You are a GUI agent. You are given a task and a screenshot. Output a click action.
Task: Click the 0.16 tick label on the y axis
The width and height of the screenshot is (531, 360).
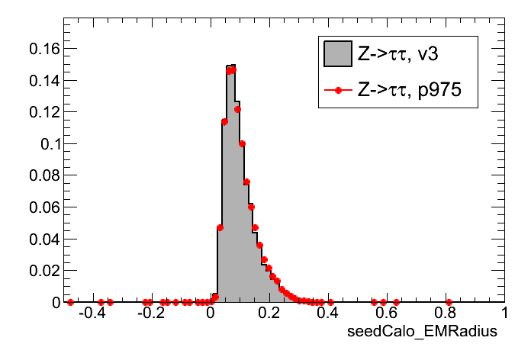(x=42, y=48)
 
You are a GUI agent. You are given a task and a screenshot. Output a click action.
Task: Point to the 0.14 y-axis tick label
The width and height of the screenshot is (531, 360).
(x=42, y=80)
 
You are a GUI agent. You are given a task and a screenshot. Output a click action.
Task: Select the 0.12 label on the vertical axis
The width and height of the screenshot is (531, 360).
(x=42, y=112)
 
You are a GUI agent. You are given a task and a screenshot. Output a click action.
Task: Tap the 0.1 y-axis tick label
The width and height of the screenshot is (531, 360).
(x=47, y=143)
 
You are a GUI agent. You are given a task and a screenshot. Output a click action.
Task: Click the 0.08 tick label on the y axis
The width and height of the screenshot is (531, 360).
(x=42, y=175)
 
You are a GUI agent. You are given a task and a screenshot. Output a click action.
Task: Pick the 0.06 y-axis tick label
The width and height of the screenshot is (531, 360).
(x=42, y=207)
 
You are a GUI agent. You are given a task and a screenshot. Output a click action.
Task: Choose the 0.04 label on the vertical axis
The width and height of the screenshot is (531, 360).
(x=42, y=239)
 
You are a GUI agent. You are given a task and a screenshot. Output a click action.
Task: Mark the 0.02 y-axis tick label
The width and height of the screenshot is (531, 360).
(x=42, y=271)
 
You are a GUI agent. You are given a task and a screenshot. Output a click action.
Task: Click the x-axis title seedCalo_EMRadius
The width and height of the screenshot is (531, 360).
(x=422, y=332)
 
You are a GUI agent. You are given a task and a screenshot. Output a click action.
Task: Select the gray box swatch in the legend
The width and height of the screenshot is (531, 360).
(x=336, y=54)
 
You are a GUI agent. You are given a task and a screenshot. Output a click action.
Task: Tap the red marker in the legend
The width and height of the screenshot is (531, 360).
(x=336, y=91)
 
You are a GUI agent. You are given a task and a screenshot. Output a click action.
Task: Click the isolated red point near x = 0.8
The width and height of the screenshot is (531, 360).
(x=449, y=302)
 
